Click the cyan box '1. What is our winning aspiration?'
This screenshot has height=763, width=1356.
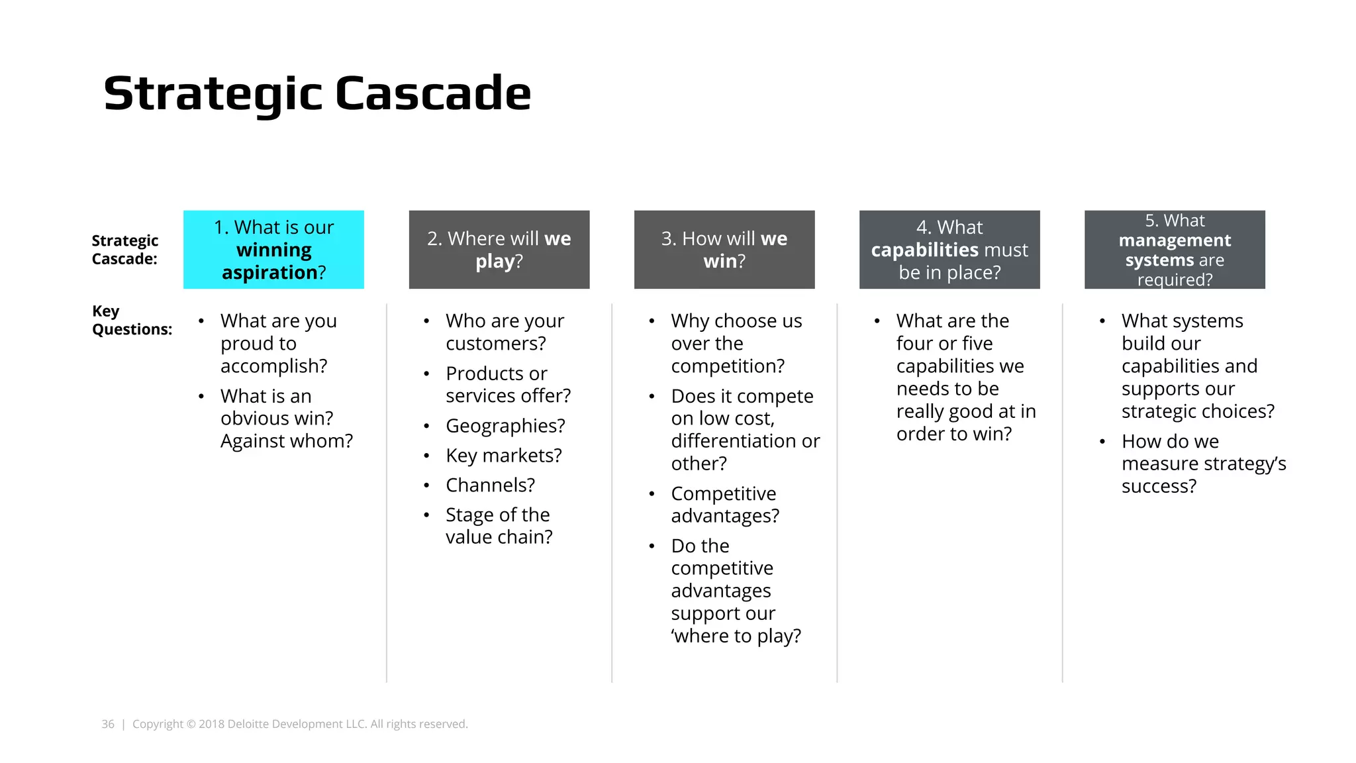pos(273,250)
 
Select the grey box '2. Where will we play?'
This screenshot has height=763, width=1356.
pos(499,250)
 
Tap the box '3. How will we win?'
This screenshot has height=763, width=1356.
pos(724,250)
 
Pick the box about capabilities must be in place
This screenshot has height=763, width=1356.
pos(949,250)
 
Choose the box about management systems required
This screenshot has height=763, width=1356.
pos(1175,250)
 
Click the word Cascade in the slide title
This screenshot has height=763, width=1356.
pos(433,93)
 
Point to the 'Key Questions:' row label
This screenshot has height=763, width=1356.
pos(132,321)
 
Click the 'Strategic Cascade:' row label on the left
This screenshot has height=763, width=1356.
pos(124,250)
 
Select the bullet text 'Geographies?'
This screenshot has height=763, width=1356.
pos(505,426)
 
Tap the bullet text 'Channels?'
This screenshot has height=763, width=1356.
pos(490,485)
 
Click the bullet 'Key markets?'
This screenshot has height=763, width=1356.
pos(503,456)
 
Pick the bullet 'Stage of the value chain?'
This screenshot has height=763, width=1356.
pos(499,526)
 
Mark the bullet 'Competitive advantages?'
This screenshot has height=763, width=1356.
pos(724,505)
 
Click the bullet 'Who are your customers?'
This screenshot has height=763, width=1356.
pos(505,332)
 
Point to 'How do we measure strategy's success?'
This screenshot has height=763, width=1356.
pos(1203,464)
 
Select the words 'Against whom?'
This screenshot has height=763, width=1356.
pos(286,441)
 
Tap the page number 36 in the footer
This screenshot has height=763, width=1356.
pos(108,724)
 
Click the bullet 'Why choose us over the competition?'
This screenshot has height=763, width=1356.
pos(736,343)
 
